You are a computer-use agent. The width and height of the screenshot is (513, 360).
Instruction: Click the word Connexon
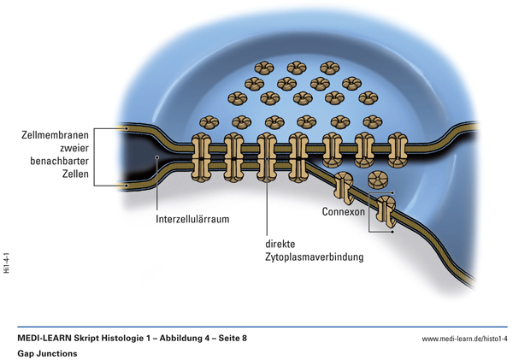[x=343, y=211]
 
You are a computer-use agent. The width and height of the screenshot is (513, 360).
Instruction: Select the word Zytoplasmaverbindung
[x=315, y=257]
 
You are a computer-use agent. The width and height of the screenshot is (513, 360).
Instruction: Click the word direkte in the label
[x=282, y=243]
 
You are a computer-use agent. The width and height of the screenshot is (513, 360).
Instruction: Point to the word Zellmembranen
[x=56, y=134]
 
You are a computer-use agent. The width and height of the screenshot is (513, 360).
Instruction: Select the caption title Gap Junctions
[x=47, y=352]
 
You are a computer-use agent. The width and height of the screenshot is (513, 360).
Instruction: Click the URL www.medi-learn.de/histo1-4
[x=464, y=339]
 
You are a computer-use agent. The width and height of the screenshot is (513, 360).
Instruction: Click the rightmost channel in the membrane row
[x=398, y=148]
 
